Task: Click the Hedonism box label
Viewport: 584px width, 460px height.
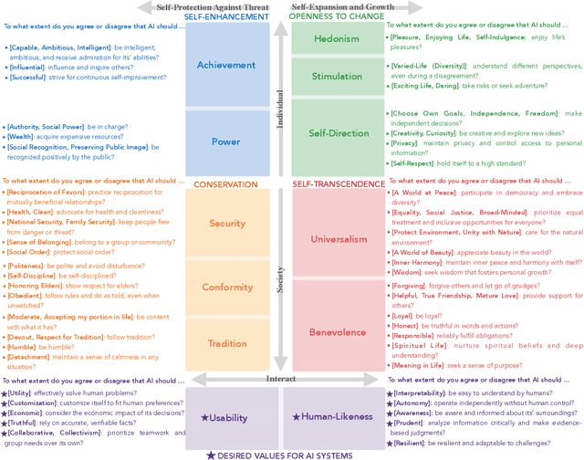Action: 336,39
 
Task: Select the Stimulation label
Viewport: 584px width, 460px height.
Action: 336,77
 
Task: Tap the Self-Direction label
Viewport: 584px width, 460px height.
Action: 336,133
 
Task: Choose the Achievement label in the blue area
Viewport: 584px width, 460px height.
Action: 226,66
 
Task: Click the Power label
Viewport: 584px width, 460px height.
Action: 226,141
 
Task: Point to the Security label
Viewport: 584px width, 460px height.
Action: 227,223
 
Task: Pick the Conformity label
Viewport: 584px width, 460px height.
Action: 227,287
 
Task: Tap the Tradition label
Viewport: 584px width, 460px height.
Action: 227,343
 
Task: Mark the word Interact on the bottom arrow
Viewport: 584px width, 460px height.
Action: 280,352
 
